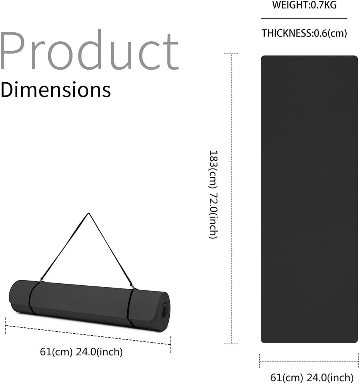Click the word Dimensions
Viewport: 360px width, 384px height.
coord(56,90)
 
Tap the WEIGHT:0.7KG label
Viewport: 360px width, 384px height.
coord(304,5)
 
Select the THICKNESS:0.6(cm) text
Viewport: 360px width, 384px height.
coord(304,33)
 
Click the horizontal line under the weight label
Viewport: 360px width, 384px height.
coord(304,18)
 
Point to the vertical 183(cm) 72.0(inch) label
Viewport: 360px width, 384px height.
coord(213,194)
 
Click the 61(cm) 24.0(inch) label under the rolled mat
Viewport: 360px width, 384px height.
coord(81,352)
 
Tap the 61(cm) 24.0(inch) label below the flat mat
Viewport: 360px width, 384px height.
coord(312,377)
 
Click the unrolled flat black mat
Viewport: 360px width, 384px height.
coord(309,199)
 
